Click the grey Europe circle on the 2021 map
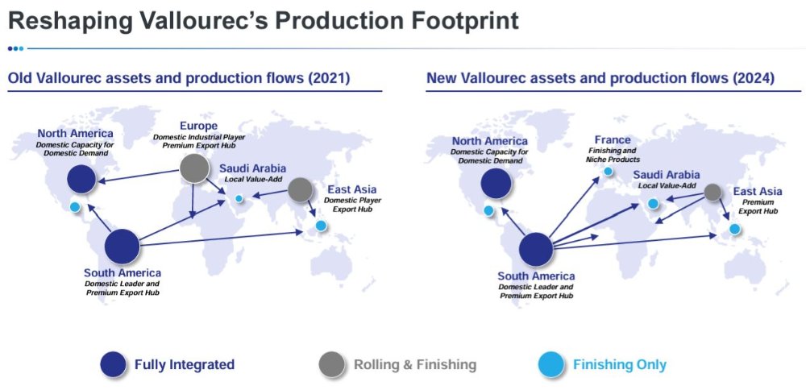point(194,168)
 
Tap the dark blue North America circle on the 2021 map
point(81,180)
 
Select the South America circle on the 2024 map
point(536,249)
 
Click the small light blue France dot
point(608,171)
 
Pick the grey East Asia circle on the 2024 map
point(713,192)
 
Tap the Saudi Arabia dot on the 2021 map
point(239,198)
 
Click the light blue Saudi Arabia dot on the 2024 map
point(653,204)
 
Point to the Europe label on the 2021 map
point(198,126)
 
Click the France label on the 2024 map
point(613,139)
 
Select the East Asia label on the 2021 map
point(352,189)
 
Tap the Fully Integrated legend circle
point(114,365)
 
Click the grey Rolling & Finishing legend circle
point(331,365)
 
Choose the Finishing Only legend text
point(619,365)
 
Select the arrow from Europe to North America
point(139,175)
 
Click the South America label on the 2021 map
point(123,273)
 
